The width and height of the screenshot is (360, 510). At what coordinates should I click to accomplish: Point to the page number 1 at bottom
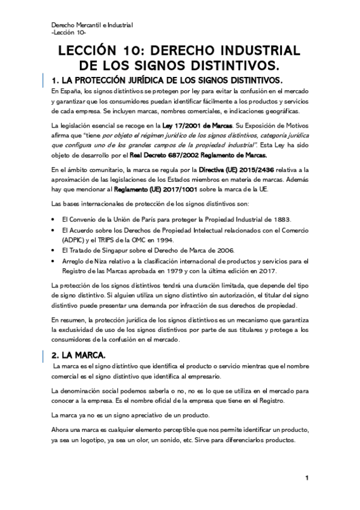tap(307, 478)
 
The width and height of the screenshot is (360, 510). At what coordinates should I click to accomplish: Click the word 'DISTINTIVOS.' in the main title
tap(239, 64)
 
